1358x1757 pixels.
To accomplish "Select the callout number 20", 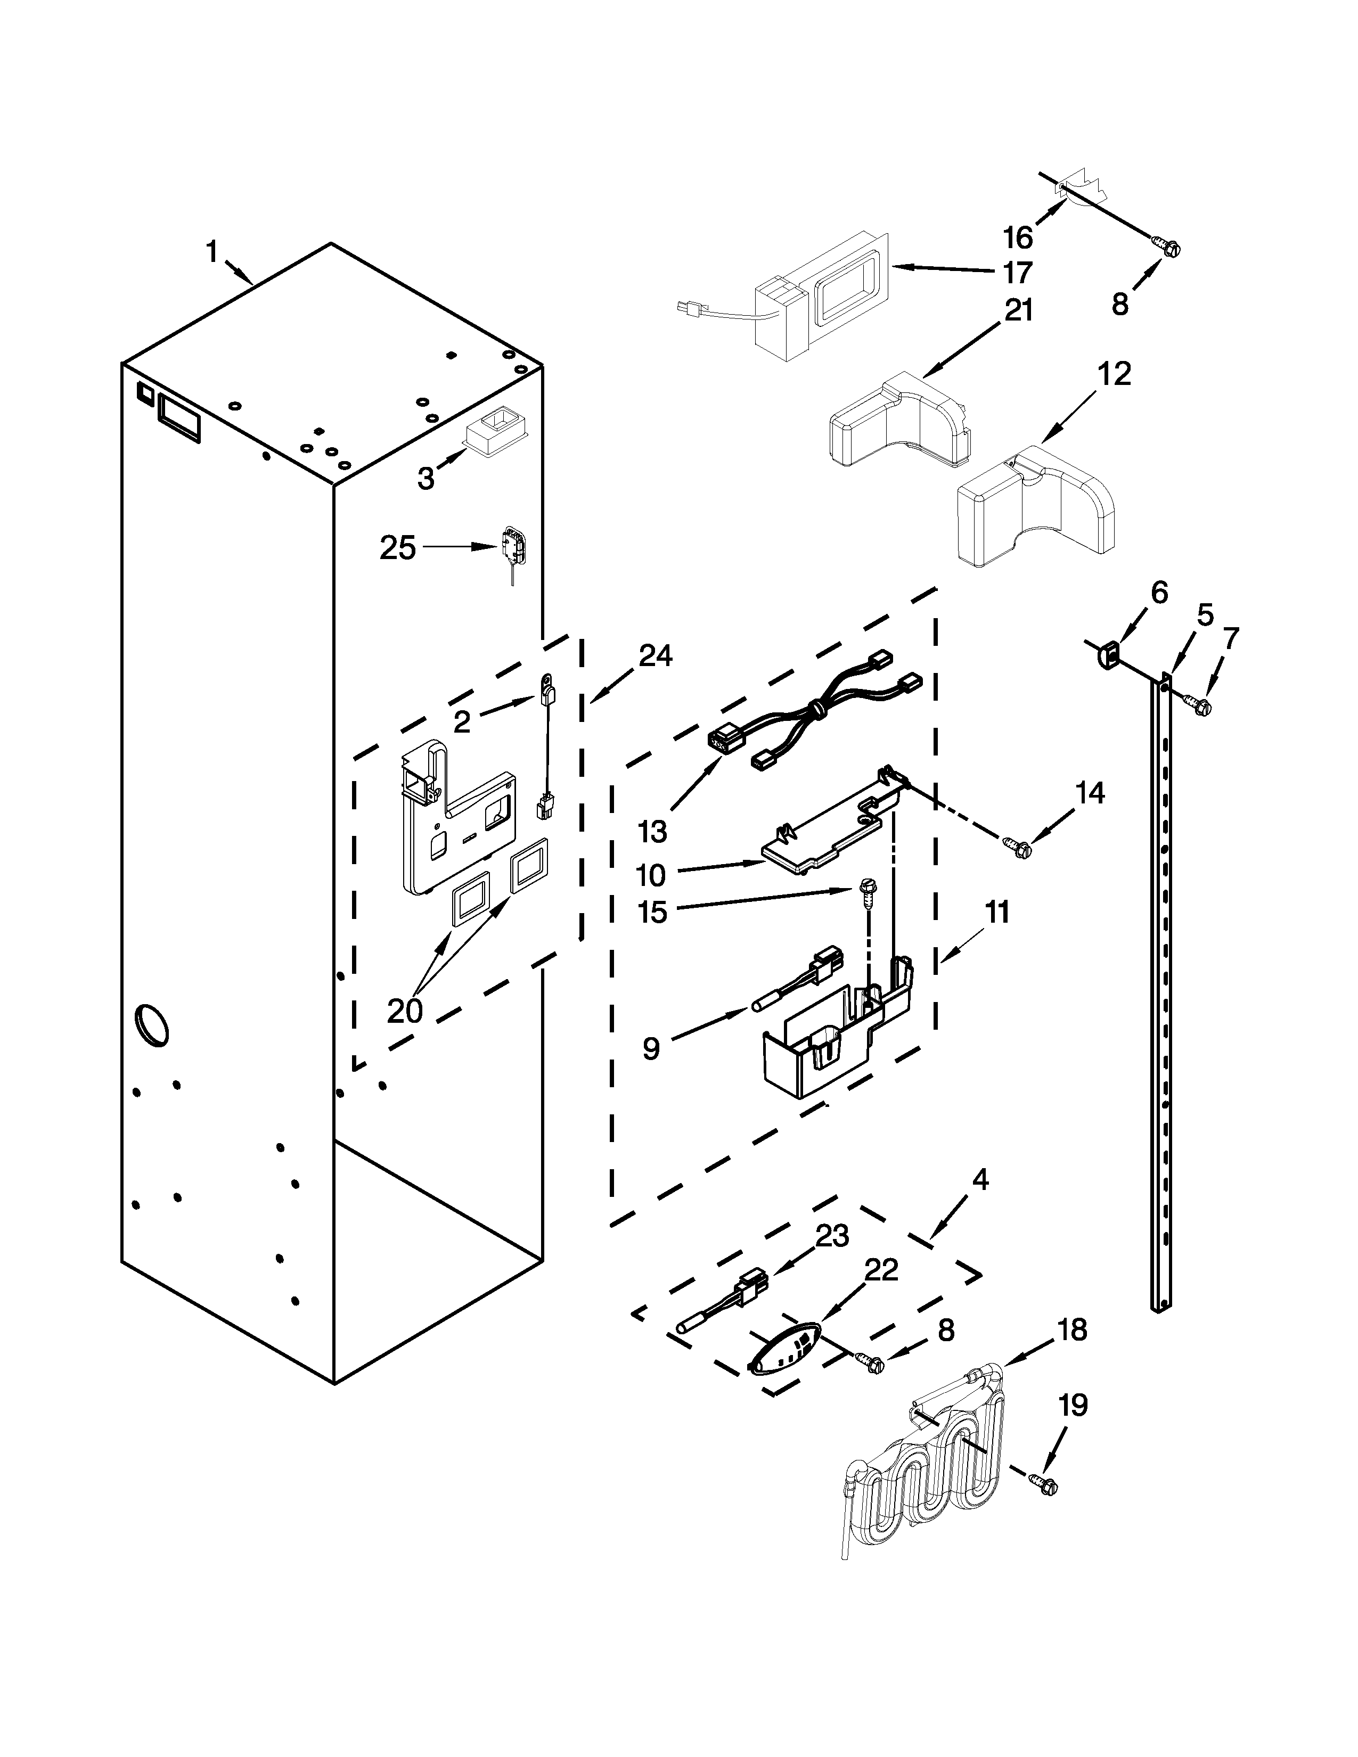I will pos(405,1011).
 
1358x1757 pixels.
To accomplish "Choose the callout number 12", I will pos(1114,374).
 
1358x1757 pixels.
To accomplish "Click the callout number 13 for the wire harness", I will pos(652,832).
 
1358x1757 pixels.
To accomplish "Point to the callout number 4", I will pos(979,1180).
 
